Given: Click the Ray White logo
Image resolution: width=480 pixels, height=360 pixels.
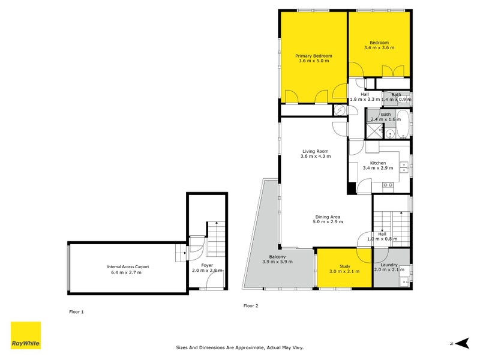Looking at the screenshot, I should (26, 335).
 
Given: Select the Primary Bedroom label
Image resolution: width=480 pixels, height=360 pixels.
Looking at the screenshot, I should (313, 56).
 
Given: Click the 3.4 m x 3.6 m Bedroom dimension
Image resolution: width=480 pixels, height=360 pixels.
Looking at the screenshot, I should (379, 47).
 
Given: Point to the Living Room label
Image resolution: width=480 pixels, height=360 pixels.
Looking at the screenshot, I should (315, 151).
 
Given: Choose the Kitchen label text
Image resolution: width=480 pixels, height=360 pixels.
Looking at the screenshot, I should (377, 163).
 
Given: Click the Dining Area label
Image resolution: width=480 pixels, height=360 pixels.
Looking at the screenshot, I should (328, 217).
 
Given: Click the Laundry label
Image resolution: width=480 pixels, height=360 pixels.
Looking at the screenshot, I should (385, 265).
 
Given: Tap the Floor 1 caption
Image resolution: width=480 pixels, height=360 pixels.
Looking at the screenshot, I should (76, 312).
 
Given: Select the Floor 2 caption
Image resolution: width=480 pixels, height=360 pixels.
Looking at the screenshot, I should (250, 306).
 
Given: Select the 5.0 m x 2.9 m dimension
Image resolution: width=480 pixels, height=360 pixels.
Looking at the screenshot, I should (328, 222).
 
